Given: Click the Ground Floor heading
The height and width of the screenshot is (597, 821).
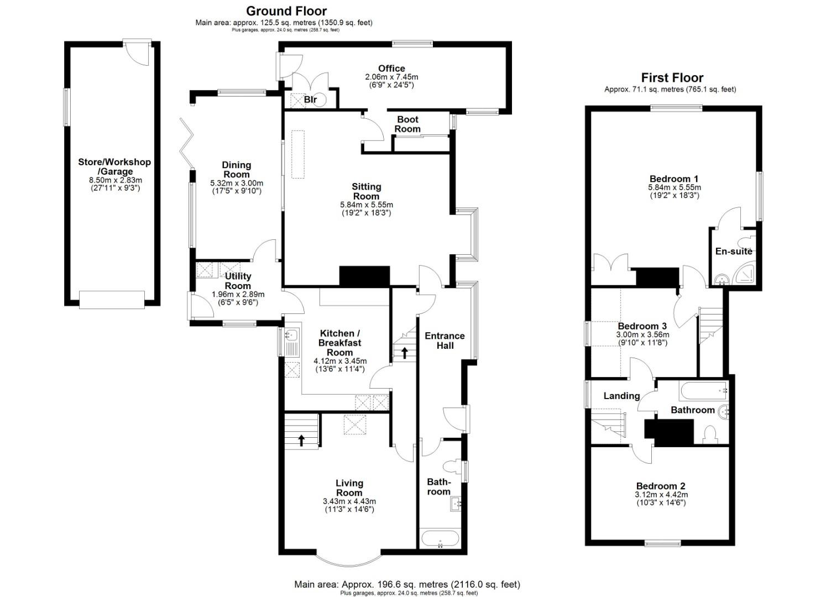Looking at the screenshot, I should click(x=286, y=11).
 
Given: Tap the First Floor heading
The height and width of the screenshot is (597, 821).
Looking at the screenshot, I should click(x=672, y=78).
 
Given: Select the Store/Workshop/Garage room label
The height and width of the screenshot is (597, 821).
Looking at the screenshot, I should click(x=114, y=167).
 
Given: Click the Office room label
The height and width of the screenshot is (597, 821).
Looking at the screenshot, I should click(x=391, y=69).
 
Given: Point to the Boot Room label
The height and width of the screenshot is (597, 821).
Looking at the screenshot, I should click(x=408, y=124).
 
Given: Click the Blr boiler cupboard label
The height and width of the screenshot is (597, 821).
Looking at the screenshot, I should click(x=310, y=99).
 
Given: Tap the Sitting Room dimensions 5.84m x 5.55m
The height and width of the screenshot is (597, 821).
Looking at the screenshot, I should click(x=367, y=205).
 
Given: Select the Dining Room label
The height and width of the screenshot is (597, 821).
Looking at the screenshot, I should click(x=237, y=169).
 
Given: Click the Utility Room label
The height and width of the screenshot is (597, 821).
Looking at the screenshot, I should click(x=238, y=281).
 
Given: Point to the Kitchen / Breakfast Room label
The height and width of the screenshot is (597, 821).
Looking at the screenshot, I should click(x=340, y=343).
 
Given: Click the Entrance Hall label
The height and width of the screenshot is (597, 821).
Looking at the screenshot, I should click(x=445, y=341).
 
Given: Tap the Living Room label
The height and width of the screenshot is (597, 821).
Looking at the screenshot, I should click(x=349, y=488).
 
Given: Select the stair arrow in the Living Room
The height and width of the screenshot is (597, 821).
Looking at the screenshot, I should click(x=301, y=440).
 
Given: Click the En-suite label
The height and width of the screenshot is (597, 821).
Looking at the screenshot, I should click(x=734, y=252).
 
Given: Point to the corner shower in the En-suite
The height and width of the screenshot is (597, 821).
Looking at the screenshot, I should click(x=746, y=275).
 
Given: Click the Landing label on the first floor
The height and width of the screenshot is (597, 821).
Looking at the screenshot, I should click(x=621, y=396).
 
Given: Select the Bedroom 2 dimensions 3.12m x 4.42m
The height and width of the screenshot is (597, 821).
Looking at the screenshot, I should click(x=661, y=495).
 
